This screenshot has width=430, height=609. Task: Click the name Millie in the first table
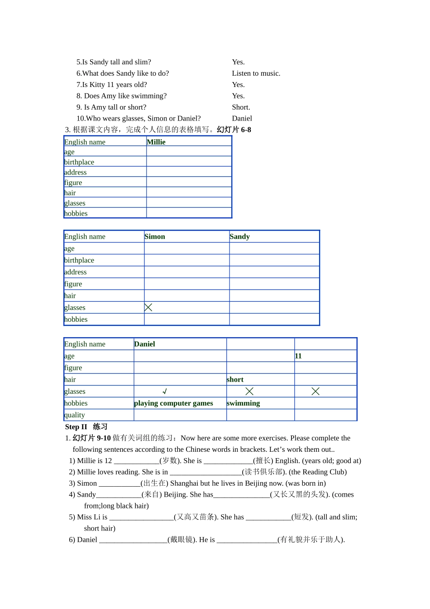(x=156, y=142)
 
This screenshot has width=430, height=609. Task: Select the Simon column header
(x=155, y=237)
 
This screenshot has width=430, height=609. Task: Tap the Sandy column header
(x=239, y=237)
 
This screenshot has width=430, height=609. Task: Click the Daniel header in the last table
(x=144, y=344)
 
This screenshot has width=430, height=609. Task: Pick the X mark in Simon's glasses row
(x=148, y=307)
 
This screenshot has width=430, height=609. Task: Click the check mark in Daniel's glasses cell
(x=165, y=391)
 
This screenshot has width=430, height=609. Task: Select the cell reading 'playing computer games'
(x=173, y=403)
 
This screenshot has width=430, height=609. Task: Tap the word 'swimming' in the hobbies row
(x=243, y=403)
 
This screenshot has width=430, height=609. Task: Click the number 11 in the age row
(x=298, y=356)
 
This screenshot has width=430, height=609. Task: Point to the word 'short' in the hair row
(x=235, y=380)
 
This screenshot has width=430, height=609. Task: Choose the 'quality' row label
(x=75, y=415)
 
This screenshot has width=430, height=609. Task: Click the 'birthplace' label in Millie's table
(x=79, y=162)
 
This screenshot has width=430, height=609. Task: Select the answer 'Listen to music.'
(x=256, y=73)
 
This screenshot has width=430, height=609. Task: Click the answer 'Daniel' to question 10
(x=242, y=118)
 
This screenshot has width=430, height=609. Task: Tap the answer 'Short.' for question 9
(x=241, y=107)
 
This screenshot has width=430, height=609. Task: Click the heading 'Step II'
(x=76, y=427)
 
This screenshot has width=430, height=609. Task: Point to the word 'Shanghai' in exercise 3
(x=184, y=483)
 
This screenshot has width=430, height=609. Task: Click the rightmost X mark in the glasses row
(x=315, y=391)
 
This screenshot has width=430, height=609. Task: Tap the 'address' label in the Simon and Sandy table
(x=75, y=272)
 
